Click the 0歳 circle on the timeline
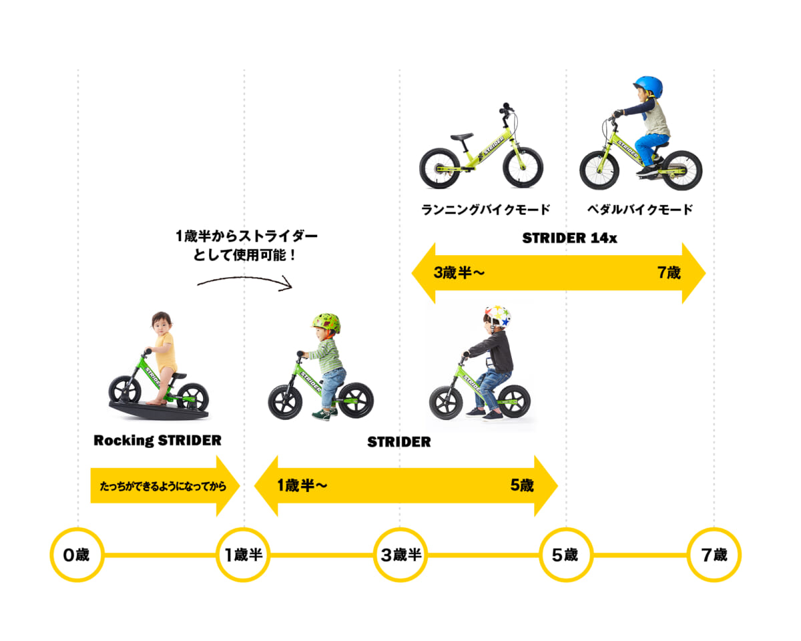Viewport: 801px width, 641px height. click(77, 554)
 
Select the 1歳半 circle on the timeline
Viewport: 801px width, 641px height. click(243, 554)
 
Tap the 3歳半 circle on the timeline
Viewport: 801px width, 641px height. click(400, 554)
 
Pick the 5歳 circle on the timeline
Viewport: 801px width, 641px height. click(565, 554)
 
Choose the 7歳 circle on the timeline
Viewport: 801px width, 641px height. click(714, 554)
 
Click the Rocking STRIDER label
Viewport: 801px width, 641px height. click(158, 441)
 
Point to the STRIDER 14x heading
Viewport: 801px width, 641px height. click(569, 238)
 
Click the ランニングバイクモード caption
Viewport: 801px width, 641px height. click(486, 210)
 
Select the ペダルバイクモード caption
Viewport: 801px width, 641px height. click(640, 210)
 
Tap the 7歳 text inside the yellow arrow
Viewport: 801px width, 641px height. click(668, 273)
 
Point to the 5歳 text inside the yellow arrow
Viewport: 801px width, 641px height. click(522, 485)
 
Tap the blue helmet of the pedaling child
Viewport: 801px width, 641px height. click(647, 87)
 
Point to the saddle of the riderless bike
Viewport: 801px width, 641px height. click(461, 138)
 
